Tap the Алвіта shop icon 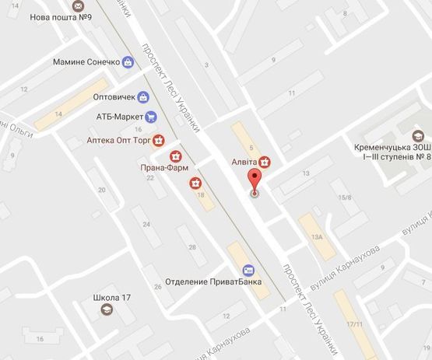pyautogui.click(x=265, y=162)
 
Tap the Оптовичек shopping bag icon pyautogui.click(x=143, y=97)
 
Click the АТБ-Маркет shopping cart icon pyautogui.click(x=151, y=117)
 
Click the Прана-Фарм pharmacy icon pyautogui.click(x=175, y=156)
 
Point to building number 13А pyautogui.click(x=316, y=237)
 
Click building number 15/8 pyautogui.click(x=345, y=198)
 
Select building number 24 pyautogui.click(x=146, y=224)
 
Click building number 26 pyautogui.click(x=158, y=286)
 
